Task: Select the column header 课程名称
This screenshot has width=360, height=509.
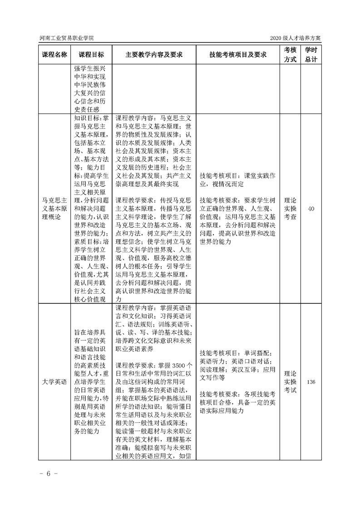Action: point(54,54)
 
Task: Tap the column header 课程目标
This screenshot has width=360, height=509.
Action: point(91,54)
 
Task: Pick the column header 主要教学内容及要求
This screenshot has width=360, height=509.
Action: point(154,54)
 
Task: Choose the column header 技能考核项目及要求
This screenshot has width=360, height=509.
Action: point(238,54)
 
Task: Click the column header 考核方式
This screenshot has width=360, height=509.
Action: point(291,54)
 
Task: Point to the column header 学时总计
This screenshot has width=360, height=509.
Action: point(311,54)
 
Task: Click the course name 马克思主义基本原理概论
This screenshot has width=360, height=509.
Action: point(54,209)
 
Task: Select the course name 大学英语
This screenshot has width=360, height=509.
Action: point(54,382)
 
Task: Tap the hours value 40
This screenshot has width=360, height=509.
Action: point(311,209)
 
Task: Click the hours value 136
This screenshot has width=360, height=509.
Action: point(311,382)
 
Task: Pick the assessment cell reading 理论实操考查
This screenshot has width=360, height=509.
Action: point(291,209)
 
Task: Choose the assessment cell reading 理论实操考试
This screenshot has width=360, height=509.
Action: point(291,382)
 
